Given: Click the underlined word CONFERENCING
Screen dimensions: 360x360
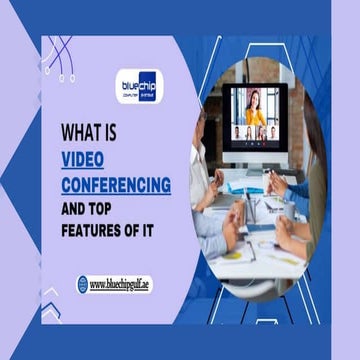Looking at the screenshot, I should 116,185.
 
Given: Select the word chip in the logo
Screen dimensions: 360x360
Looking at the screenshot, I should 148,80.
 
